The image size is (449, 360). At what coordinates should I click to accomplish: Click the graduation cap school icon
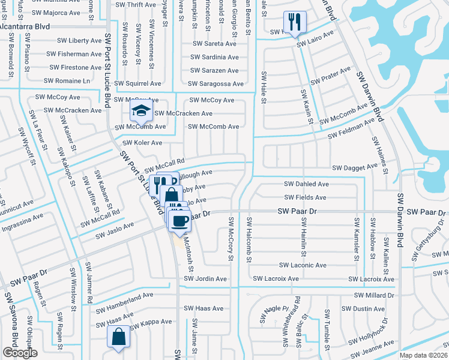point(141,110)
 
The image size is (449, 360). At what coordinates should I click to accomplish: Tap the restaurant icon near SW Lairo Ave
point(294,22)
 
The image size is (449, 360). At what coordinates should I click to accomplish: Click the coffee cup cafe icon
point(179,220)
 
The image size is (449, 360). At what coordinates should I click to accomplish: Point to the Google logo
point(20,353)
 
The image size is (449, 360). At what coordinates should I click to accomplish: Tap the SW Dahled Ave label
point(306,184)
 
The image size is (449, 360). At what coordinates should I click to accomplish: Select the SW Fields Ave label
point(305,197)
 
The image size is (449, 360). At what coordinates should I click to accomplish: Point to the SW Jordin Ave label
point(206,279)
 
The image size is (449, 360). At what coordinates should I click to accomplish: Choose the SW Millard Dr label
point(374,295)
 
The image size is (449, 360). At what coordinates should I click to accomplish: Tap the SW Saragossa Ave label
point(215,85)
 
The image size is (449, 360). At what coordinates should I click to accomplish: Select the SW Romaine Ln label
point(68,80)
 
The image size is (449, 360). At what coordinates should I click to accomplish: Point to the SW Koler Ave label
point(142,143)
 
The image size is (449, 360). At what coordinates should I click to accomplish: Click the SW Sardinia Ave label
point(214,58)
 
